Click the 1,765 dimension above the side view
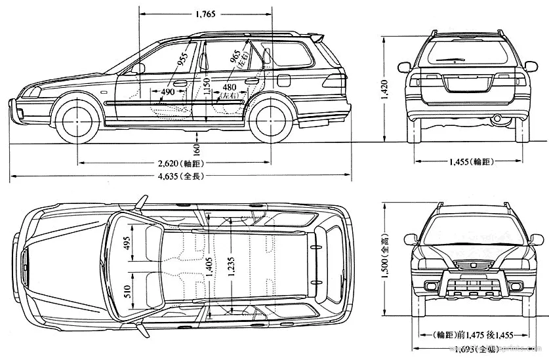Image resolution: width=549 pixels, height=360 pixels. tap(205, 13)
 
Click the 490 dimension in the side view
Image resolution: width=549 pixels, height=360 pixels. tap(168, 92)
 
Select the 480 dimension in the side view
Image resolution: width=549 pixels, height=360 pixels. tap(229, 87)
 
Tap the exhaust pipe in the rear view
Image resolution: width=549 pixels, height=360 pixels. tap(497, 119)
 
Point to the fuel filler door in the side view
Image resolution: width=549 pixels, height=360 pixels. tap(283, 79)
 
